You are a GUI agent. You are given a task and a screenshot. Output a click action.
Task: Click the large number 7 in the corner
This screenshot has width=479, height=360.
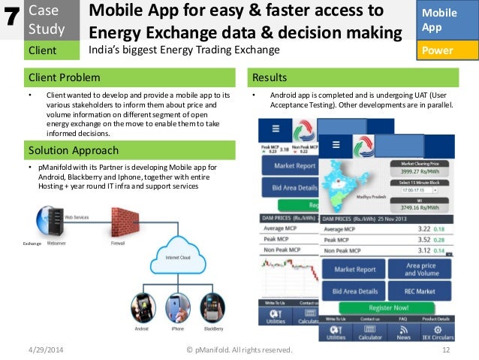point(11,20)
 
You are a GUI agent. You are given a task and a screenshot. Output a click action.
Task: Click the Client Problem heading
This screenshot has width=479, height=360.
point(64,77)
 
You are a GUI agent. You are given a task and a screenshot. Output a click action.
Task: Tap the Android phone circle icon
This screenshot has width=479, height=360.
point(141,307)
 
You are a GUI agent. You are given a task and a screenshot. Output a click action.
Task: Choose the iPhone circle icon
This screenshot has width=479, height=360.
point(177,307)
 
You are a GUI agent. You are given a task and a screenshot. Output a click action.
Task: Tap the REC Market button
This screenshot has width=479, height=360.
point(420,291)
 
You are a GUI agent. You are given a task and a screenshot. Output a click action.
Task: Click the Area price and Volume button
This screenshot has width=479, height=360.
point(420,269)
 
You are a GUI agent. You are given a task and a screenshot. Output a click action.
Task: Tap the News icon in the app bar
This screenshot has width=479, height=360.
point(403,332)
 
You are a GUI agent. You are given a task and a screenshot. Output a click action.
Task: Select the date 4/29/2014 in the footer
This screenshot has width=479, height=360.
point(47,351)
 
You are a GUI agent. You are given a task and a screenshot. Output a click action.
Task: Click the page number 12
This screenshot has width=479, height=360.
point(446,351)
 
